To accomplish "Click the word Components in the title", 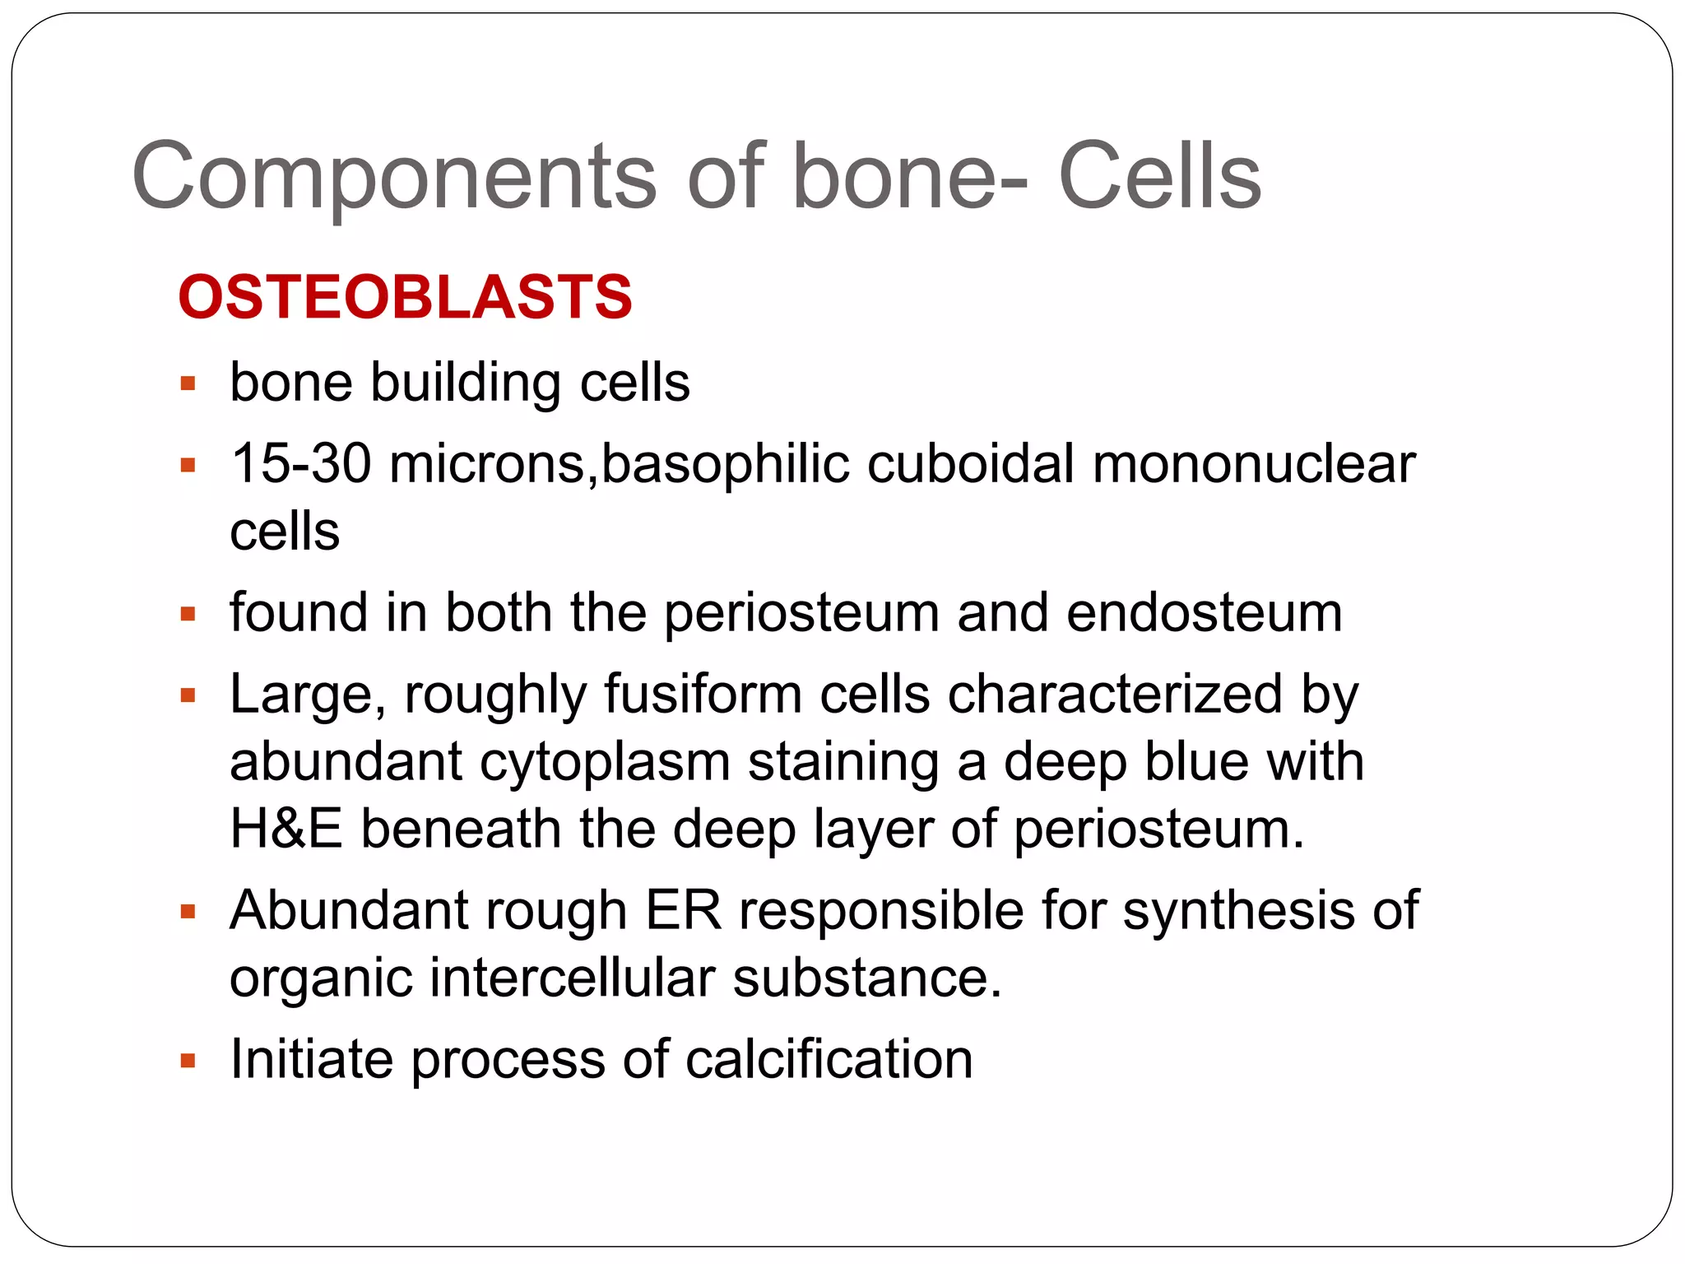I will (x=393, y=176).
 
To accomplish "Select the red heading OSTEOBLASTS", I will (x=405, y=297).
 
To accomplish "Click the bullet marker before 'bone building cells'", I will (x=188, y=383).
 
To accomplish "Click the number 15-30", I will (x=300, y=464).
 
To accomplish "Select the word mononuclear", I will (x=1253, y=464).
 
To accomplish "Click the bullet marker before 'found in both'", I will (x=188, y=614).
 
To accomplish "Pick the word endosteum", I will (x=1204, y=614).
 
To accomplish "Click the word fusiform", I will (x=703, y=695).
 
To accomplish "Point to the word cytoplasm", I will (x=605, y=763).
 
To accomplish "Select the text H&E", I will (x=285, y=829).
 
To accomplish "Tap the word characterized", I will (x=1114, y=695).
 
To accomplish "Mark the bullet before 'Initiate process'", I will (x=188, y=1061).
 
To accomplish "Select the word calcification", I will (x=829, y=1059).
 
